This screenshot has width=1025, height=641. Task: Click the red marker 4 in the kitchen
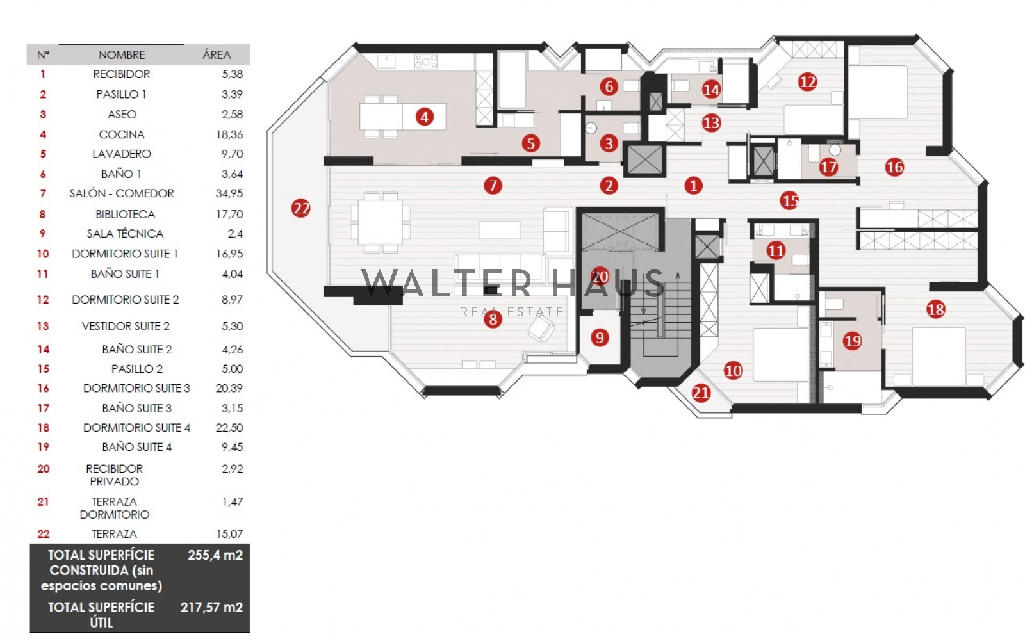(x=424, y=117)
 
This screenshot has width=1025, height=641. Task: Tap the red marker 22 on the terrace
(x=300, y=208)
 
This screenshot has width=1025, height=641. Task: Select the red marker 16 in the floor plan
(x=894, y=167)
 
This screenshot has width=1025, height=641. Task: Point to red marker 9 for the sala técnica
(x=600, y=337)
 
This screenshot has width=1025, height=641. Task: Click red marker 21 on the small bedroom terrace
(x=701, y=393)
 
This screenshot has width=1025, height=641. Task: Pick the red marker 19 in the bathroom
(x=852, y=341)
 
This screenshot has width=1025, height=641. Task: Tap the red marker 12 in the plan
(x=807, y=82)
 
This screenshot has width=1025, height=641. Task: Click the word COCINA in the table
(x=122, y=134)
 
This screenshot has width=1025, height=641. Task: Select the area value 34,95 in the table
(x=229, y=193)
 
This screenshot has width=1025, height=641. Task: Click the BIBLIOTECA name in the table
(x=125, y=214)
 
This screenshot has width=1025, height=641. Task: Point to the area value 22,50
(x=229, y=428)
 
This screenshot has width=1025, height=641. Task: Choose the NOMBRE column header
(x=122, y=55)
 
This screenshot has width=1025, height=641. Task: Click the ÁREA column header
(x=217, y=55)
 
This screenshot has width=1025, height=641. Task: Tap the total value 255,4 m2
(x=215, y=555)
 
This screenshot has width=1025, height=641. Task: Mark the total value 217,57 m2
(x=211, y=607)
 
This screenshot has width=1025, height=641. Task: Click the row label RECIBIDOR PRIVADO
(x=114, y=475)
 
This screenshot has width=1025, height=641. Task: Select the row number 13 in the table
(x=43, y=327)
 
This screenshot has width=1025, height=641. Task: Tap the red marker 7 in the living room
(x=492, y=186)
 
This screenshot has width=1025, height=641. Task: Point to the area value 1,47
(x=233, y=502)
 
